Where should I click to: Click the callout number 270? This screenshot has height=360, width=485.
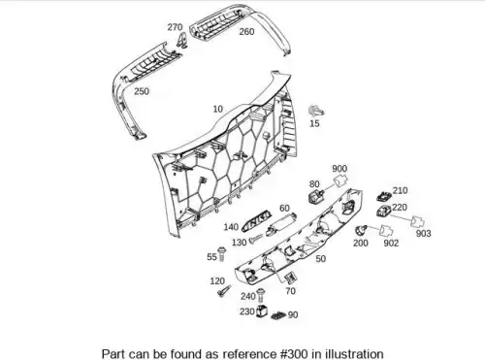[x=175, y=27]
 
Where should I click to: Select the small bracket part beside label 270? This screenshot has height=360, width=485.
[x=182, y=40]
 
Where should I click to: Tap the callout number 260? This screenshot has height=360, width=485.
[x=246, y=32]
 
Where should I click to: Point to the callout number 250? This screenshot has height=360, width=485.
[x=142, y=91]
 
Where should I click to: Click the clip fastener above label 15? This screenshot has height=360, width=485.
[x=316, y=112]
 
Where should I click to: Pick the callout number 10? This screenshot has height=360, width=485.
[x=218, y=110]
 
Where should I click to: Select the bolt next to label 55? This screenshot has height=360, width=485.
[x=222, y=254]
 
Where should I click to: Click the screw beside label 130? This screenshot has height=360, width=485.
[x=256, y=239]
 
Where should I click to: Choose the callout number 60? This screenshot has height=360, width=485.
[x=284, y=209]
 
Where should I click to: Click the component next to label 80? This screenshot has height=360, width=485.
[x=316, y=196]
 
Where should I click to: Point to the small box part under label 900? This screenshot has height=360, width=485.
[x=340, y=181]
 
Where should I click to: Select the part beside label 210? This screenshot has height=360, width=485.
[x=384, y=196]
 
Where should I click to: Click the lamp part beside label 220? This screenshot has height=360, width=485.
[x=384, y=211]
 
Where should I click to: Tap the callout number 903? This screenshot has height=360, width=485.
[x=423, y=234]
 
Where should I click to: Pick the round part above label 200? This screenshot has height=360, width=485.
[x=360, y=230]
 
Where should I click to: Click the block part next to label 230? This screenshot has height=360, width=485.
[x=262, y=311]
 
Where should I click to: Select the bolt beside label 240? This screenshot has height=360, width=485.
[x=261, y=295]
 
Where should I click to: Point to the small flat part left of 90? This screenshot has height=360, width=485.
[x=278, y=315]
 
